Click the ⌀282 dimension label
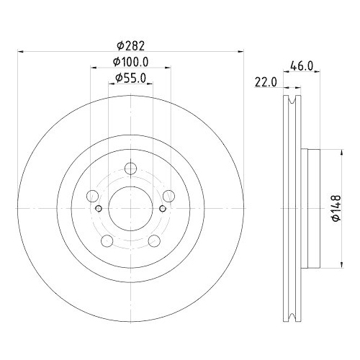point(131,45)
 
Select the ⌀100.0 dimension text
point(131,62)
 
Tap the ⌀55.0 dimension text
point(131,78)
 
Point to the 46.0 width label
point(302,66)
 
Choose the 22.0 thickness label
point(266,82)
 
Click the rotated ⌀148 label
point(336,208)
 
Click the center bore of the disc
point(131,208)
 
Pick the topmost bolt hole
point(131,168)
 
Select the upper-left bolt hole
point(92,196)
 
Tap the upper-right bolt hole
point(169,196)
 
